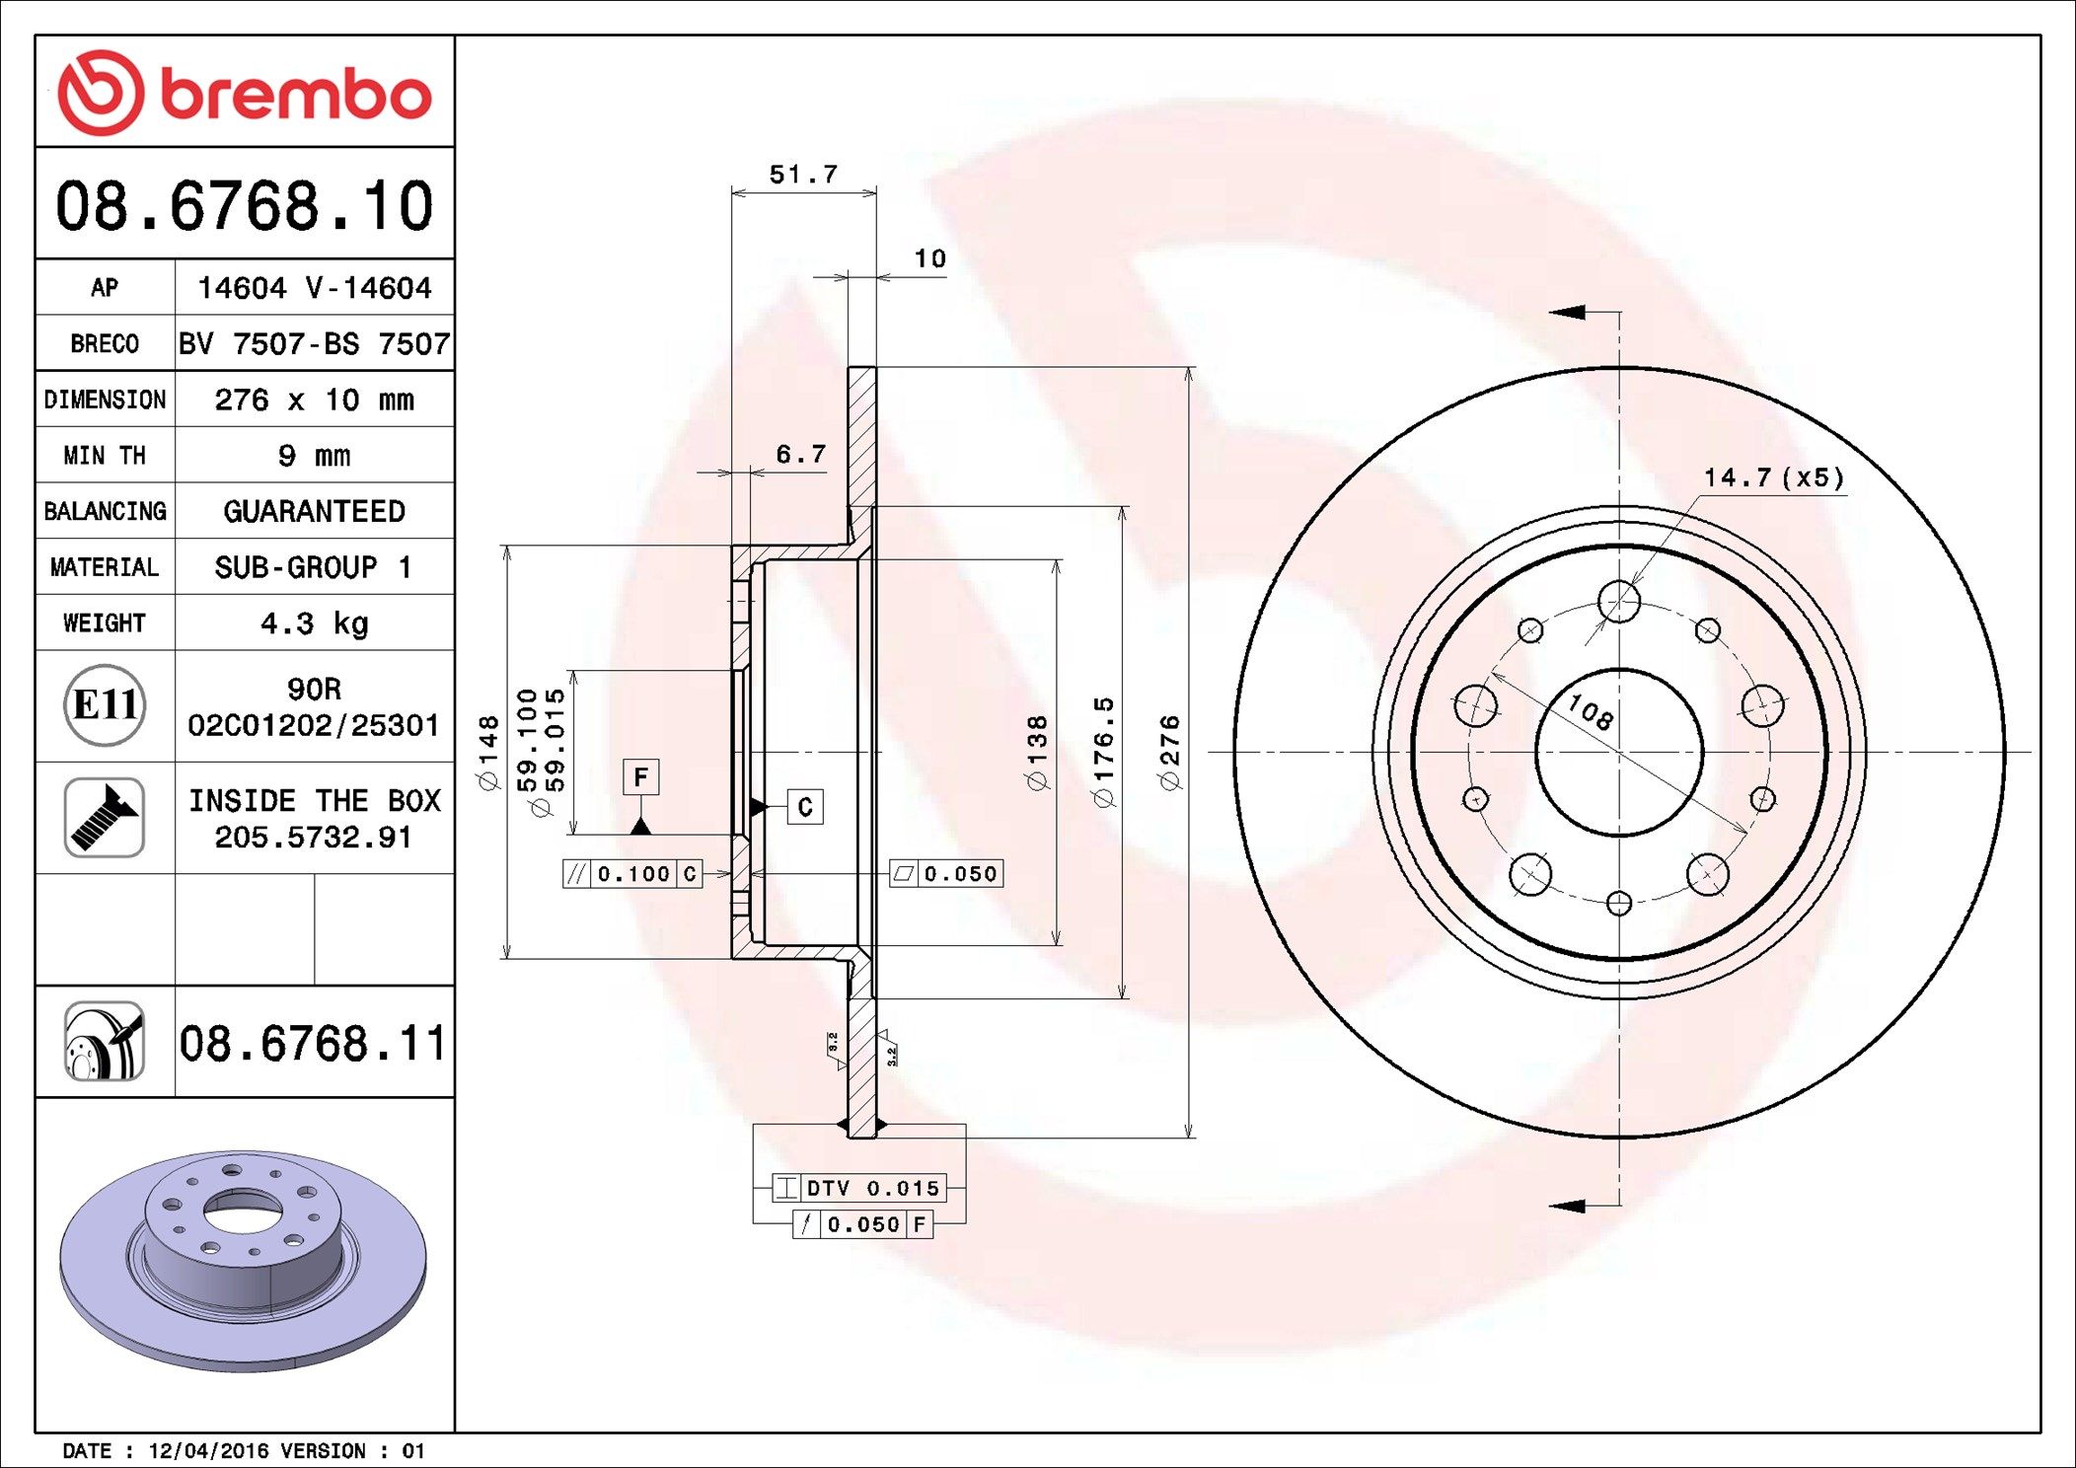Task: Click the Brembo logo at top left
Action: pyautogui.click(x=245, y=93)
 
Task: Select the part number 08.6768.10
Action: pyautogui.click(x=245, y=206)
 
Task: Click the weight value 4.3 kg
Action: pyautogui.click(x=314, y=624)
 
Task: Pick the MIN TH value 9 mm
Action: pyautogui.click(x=314, y=456)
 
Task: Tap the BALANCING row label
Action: pyautogui.click(x=105, y=511)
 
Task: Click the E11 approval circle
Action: pyautogui.click(x=105, y=705)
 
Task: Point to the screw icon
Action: pyautogui.click(x=105, y=817)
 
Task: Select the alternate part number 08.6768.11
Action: pyautogui.click(x=313, y=1043)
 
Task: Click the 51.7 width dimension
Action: pyautogui.click(x=803, y=175)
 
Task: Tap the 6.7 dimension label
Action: pyautogui.click(x=800, y=454)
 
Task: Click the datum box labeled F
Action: pyautogui.click(x=640, y=777)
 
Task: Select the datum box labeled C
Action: pyautogui.click(x=805, y=807)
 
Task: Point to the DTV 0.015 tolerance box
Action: pyautogui.click(x=858, y=1188)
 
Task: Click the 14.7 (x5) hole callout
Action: pyautogui.click(x=1773, y=477)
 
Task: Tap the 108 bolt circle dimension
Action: pyautogui.click(x=1591, y=711)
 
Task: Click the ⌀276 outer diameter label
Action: pyautogui.click(x=1170, y=753)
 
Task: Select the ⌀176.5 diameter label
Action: pyautogui.click(x=1104, y=752)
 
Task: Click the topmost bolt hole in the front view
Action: pyautogui.click(x=1619, y=601)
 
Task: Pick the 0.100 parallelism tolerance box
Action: pyautogui.click(x=632, y=874)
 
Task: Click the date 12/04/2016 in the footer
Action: pyautogui.click(x=208, y=1451)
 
